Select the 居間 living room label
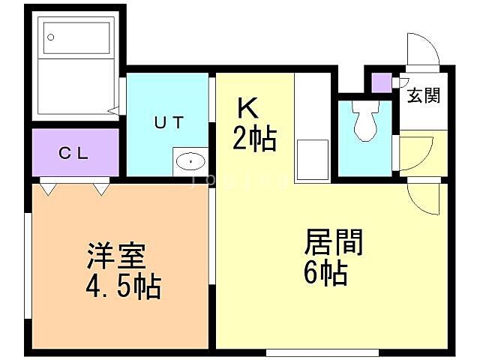click(333, 244)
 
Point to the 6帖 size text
click(325, 273)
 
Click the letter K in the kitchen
click(248, 109)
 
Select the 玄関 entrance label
click(424, 95)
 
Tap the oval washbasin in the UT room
click(192, 160)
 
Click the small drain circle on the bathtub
click(52, 36)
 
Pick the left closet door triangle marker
click(49, 188)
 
